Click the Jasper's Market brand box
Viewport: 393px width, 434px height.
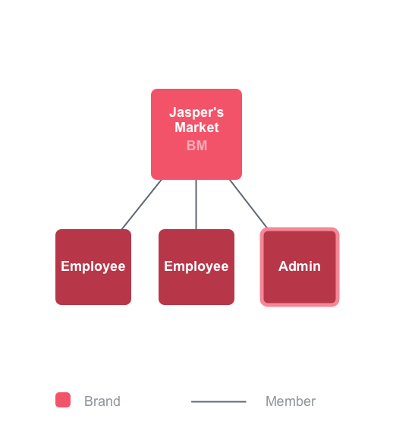coord(196,134)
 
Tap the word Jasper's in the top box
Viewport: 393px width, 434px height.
coord(196,112)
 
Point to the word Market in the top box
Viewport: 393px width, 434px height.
coord(196,127)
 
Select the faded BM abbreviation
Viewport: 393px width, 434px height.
coord(196,146)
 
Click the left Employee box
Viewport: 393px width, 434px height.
coord(93,267)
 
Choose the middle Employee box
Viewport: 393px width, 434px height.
coord(196,267)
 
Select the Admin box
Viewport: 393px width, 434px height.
coord(300,267)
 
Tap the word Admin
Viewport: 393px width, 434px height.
coord(300,266)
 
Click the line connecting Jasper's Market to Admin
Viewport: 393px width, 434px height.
coord(248,203)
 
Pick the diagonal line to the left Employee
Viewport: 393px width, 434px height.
coord(141,205)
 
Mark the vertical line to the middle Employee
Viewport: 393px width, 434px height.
coord(196,205)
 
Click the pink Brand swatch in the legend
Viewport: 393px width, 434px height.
coord(63,400)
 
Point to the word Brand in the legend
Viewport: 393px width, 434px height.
coord(102,401)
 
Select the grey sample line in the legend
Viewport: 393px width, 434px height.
coord(219,401)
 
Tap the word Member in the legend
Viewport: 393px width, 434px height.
coord(291,401)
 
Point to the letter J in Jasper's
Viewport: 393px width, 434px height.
coord(173,112)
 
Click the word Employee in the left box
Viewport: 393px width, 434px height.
coord(93,267)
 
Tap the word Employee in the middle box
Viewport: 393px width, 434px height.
coord(196,267)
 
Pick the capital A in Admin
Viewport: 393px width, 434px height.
coord(284,266)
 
